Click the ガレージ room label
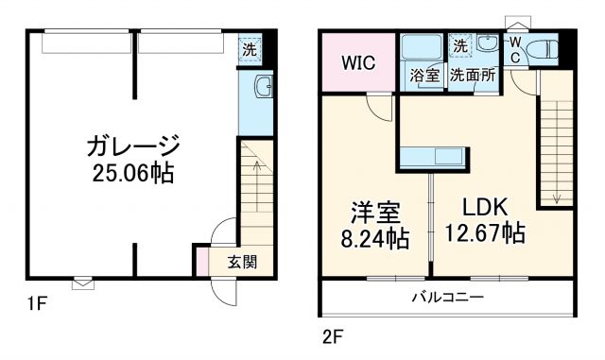pyautogui.click(x=132, y=146)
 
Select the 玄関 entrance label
pyautogui.click(x=241, y=263)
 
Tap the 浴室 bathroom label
pyautogui.click(x=423, y=77)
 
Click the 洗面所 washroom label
pyautogui.click(x=473, y=77)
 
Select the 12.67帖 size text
pyautogui.click(x=487, y=232)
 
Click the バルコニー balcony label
pyautogui.click(x=446, y=298)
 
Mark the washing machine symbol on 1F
pyautogui.click(x=250, y=49)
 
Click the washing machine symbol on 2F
pyautogui.click(x=460, y=45)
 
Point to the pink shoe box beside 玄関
pyautogui.click(x=201, y=262)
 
